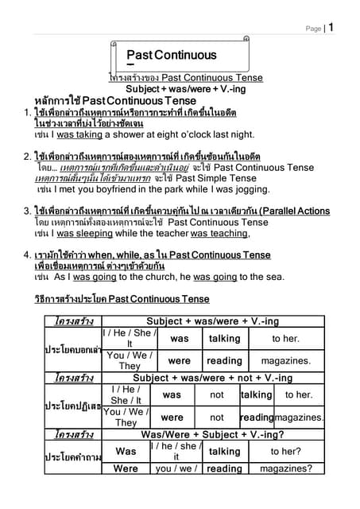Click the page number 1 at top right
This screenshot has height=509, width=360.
[x=331, y=27]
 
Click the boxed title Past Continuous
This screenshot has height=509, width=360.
[x=171, y=55]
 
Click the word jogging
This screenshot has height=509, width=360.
[x=235, y=191]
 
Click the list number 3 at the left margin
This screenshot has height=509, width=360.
[x=27, y=211]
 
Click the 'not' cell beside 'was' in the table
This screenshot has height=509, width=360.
[x=217, y=394]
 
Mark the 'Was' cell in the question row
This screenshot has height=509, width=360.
[x=126, y=451]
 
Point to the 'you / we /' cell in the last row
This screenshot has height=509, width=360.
[x=176, y=469]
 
